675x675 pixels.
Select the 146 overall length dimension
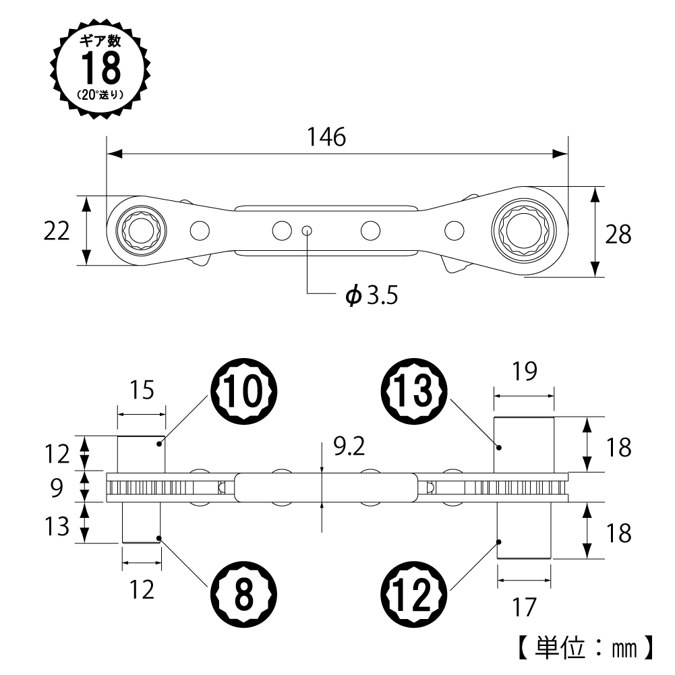[326, 137]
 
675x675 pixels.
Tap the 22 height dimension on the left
[56, 231]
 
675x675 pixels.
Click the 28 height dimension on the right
[617, 234]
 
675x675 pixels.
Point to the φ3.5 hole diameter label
[370, 295]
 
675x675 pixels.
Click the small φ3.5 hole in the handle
[307, 231]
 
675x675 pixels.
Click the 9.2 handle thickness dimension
[349, 446]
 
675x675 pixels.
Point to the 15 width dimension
[141, 390]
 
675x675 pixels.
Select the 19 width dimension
[523, 372]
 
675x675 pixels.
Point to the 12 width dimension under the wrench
[141, 589]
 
